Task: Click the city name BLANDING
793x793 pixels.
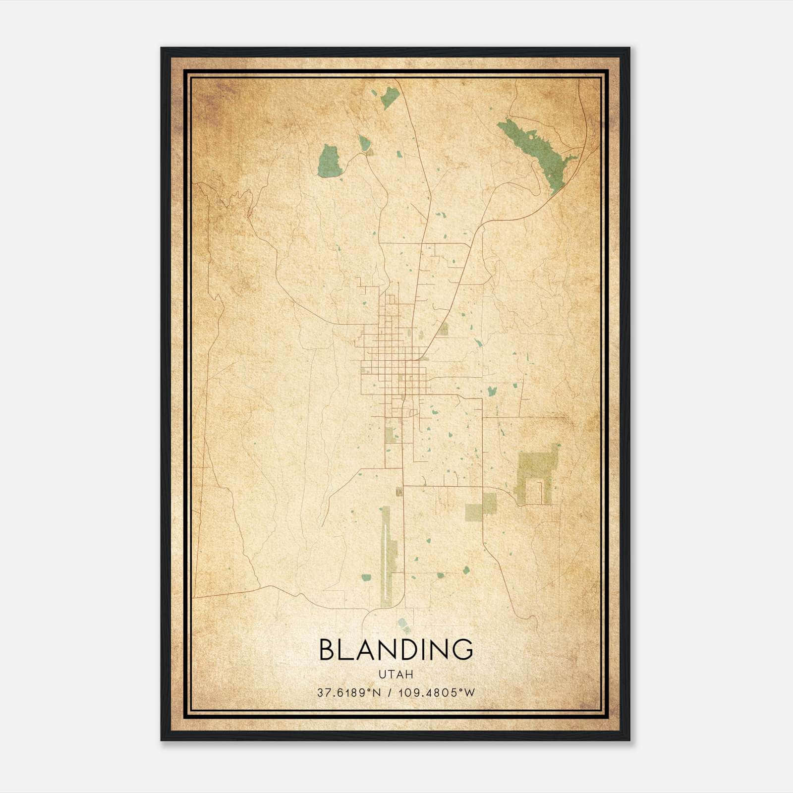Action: [396, 650]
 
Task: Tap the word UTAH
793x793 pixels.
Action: [396, 675]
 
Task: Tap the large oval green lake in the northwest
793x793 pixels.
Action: [330, 160]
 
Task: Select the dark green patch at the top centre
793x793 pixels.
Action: [390, 97]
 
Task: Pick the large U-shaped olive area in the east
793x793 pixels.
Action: [535, 471]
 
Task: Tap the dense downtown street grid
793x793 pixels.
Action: [392, 367]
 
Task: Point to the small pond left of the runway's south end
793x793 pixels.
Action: [366, 577]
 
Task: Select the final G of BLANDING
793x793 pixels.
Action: [462, 650]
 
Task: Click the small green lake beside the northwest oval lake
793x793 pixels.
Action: [365, 144]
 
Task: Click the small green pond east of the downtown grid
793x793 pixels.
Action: [492, 391]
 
